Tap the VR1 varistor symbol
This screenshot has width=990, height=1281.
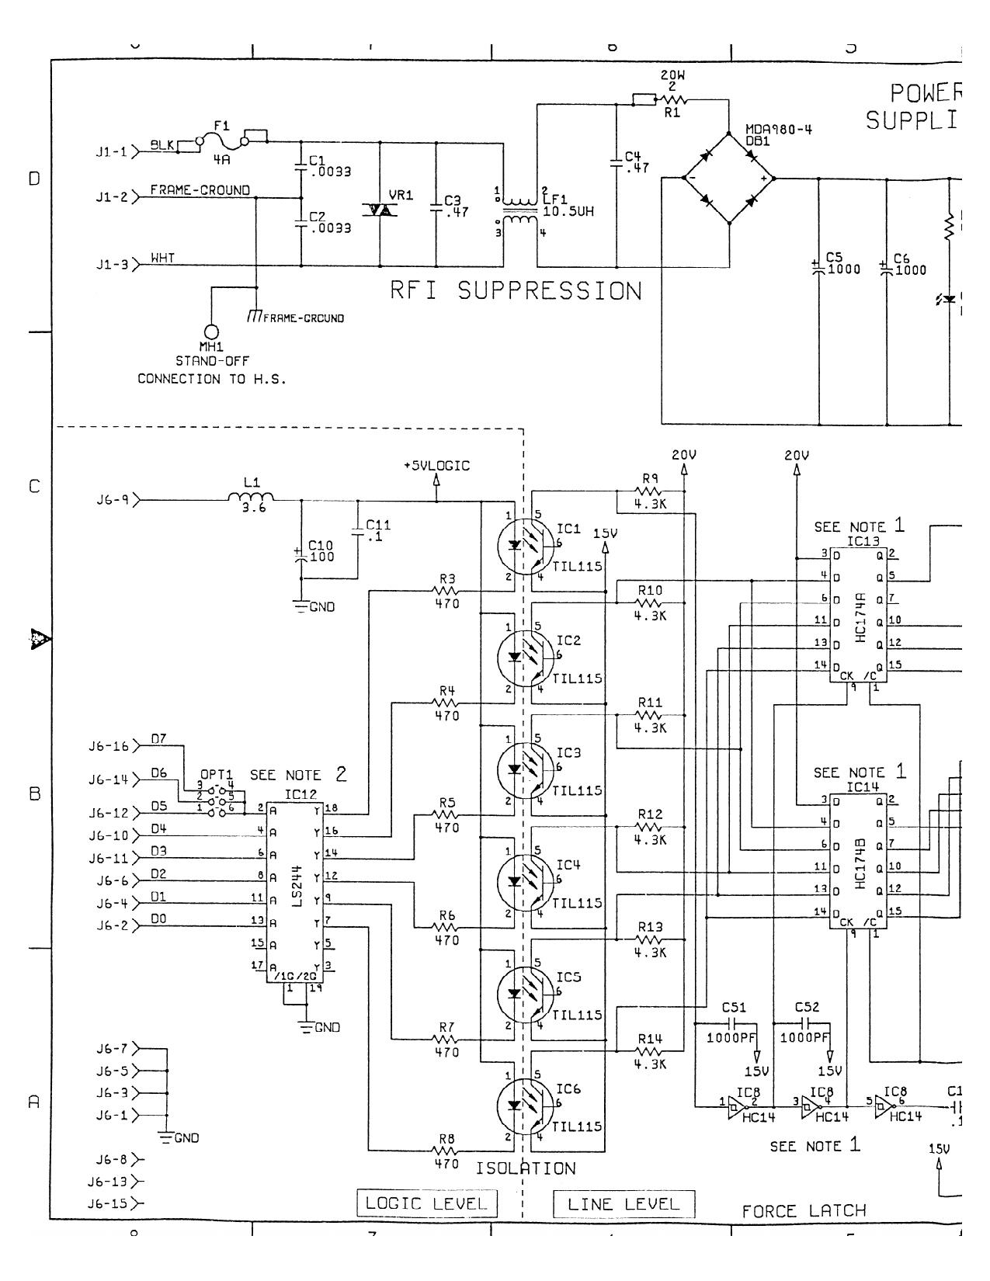click(x=380, y=210)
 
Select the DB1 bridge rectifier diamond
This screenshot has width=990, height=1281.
click(x=729, y=179)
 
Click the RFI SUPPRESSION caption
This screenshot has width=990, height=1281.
click(x=516, y=291)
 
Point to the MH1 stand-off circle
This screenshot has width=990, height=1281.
click(x=211, y=332)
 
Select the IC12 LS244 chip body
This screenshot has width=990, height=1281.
click(x=295, y=891)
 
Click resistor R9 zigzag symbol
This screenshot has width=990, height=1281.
click(x=649, y=491)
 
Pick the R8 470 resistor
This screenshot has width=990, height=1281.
click(x=446, y=1151)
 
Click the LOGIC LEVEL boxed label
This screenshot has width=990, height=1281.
click(x=426, y=1203)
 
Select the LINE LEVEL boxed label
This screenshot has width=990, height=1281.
click(x=624, y=1204)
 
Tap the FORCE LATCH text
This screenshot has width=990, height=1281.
click(x=804, y=1211)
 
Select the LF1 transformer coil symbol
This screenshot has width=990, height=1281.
click(x=519, y=210)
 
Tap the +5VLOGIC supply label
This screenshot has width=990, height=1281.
click(x=436, y=466)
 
